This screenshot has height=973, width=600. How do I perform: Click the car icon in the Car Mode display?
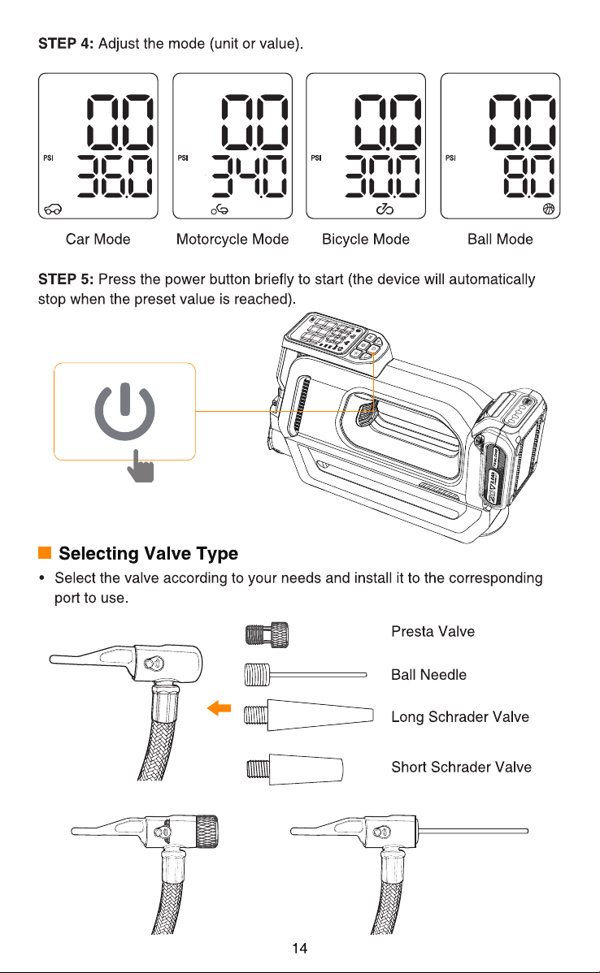[53, 209]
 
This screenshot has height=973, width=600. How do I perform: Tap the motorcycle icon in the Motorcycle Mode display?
[220, 210]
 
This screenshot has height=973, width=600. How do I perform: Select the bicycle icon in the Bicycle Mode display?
[385, 209]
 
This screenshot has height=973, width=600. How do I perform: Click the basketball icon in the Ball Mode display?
[548, 209]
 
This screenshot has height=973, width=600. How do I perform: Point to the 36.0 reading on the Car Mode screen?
[115, 176]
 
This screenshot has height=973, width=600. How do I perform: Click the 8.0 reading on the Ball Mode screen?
[528, 176]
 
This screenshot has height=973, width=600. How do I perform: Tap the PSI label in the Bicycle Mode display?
[316, 158]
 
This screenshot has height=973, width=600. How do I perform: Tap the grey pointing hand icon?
[141, 466]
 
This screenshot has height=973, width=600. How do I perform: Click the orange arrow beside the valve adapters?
[220, 707]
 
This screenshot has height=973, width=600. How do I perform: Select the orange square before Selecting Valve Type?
[45, 553]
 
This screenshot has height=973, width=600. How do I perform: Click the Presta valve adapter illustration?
[267, 635]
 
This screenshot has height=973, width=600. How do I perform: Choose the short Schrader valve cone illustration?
[295, 770]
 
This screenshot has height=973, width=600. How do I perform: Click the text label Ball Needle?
[428, 675]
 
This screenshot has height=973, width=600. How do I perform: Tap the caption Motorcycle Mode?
[233, 240]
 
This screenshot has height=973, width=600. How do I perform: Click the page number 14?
[299, 948]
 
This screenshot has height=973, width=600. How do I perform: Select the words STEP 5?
[66, 279]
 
